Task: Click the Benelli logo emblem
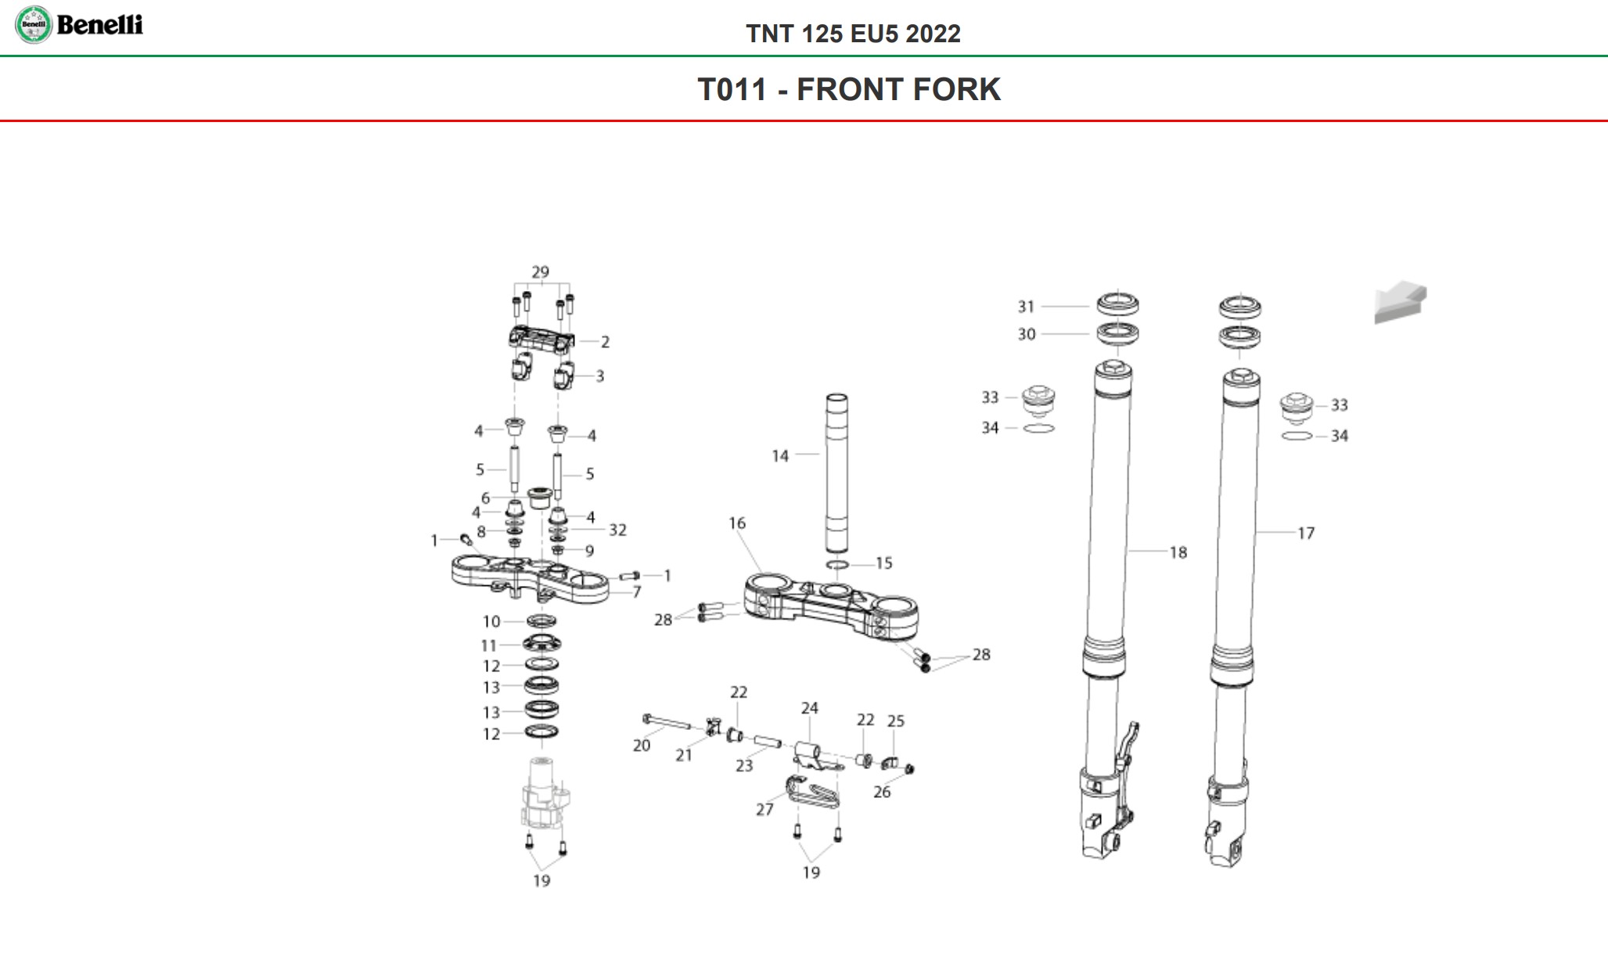click(34, 25)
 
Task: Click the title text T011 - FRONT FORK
click(849, 89)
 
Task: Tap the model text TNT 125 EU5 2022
click(853, 34)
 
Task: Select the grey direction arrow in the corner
click(1400, 302)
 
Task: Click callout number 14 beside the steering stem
click(780, 456)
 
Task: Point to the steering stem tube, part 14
click(836, 473)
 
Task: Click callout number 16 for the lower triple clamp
click(737, 523)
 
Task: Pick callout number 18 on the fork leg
click(1178, 553)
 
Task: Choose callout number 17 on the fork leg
click(1306, 534)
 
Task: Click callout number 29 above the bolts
click(540, 272)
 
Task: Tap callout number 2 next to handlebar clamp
click(605, 342)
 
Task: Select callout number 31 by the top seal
click(1026, 307)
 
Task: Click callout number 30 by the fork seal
click(1027, 334)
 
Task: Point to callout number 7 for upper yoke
click(637, 592)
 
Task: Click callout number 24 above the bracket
click(809, 708)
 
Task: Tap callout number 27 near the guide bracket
click(764, 810)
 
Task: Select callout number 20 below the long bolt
click(642, 746)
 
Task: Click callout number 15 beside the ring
click(883, 563)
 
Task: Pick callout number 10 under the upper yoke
click(491, 622)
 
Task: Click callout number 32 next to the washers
click(617, 530)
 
